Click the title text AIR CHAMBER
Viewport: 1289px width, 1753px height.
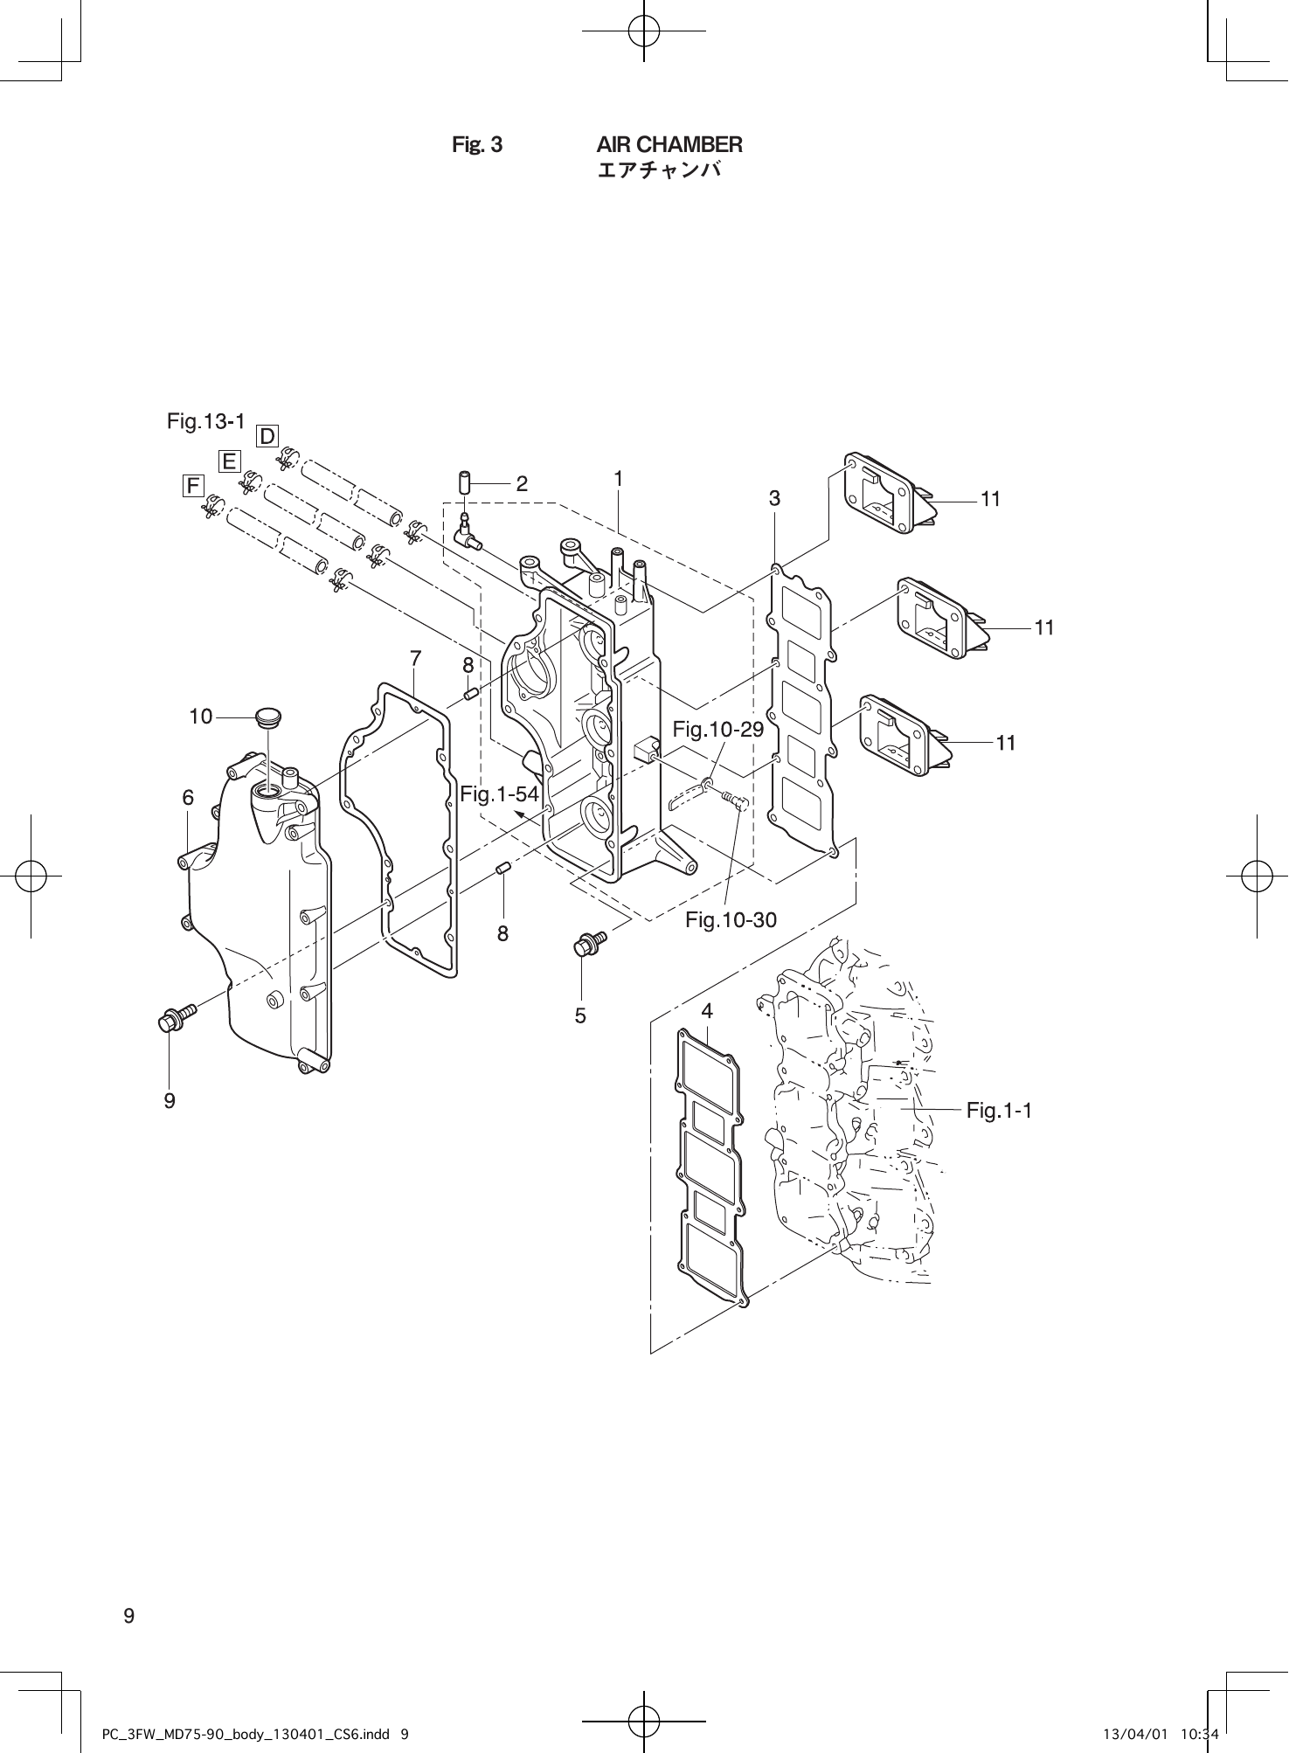[669, 144]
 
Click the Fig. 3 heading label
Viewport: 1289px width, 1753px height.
[476, 145]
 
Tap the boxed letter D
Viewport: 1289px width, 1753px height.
[267, 435]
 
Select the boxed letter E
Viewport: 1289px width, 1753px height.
[229, 461]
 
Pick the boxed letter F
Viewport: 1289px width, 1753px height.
[192, 485]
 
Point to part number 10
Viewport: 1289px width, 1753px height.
[201, 717]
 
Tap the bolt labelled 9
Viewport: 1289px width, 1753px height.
[172, 1018]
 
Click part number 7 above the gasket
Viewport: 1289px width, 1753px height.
[415, 657]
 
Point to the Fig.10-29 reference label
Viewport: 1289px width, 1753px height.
[718, 729]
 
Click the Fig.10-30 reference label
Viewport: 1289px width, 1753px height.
[731, 919]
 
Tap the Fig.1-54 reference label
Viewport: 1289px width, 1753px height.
[499, 794]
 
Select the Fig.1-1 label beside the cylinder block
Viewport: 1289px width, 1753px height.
[999, 1110]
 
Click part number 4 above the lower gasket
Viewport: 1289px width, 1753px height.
[707, 1011]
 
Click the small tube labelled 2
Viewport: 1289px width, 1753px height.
[465, 482]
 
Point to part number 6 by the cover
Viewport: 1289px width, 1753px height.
[188, 797]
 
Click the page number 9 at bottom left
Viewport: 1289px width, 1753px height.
[128, 1616]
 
